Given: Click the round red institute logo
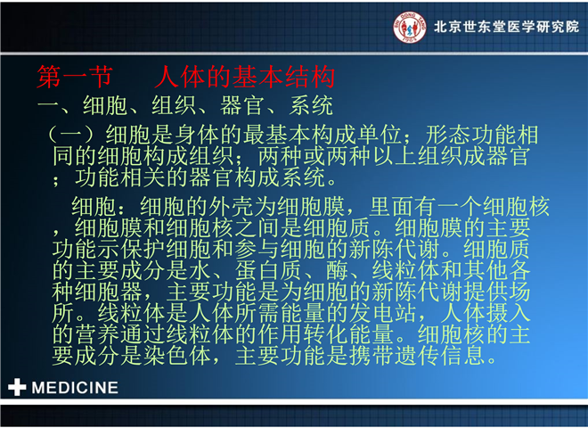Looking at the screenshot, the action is (x=410, y=27).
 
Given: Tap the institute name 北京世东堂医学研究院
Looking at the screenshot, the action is (x=507, y=27).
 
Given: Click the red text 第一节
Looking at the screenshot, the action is (x=74, y=77).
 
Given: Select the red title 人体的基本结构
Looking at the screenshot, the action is (x=244, y=77).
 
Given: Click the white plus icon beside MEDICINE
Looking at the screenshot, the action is (x=17, y=387).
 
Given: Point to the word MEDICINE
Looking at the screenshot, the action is (x=75, y=388).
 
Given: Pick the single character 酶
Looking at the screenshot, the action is (x=337, y=270).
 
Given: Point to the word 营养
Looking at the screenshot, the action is (x=97, y=334).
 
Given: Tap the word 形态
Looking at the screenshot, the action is (x=448, y=135).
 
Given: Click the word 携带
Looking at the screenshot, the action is (x=372, y=356).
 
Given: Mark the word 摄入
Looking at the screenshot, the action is (x=508, y=313).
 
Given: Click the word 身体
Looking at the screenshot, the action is (x=197, y=135).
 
